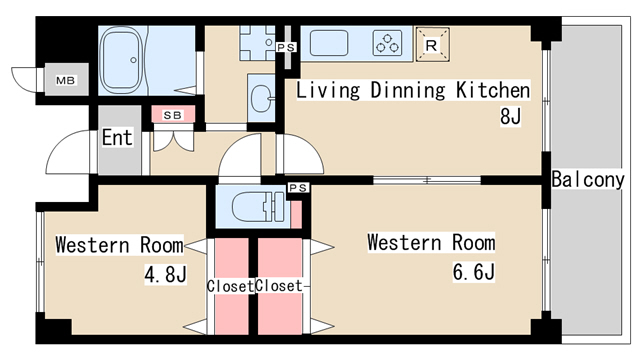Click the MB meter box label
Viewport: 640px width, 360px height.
[65, 81]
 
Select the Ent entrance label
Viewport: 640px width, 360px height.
[117, 137]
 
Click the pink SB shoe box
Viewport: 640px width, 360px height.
[172, 115]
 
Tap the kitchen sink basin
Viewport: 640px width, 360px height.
[329, 43]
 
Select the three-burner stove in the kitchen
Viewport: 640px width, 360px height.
[388, 43]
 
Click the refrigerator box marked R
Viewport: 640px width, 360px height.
[431, 43]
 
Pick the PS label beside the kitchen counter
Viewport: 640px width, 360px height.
[287, 47]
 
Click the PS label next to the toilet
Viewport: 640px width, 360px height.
[297, 188]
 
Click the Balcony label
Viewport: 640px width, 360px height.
[588, 181]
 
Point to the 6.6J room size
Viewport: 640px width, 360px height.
[474, 271]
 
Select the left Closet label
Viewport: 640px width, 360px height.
[229, 286]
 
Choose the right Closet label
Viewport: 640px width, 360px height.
[279, 286]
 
